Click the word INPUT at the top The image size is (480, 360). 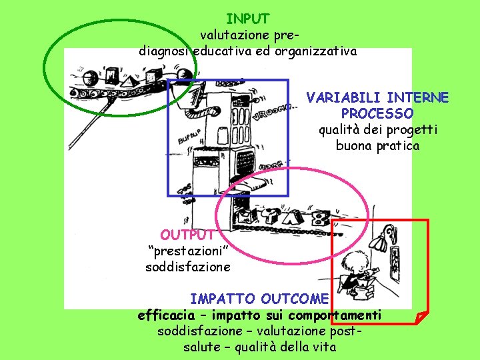tap(247, 19)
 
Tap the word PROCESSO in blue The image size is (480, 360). tap(377, 114)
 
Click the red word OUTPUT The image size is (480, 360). tap(187, 235)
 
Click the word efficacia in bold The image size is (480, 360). tap(167, 315)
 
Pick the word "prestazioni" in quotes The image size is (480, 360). tap(188, 251)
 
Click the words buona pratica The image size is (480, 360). tap(377, 145)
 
